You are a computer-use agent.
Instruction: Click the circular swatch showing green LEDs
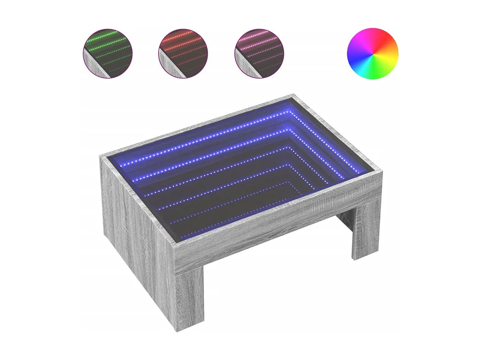[x=107, y=53]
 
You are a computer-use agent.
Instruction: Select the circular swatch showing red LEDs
[x=183, y=53]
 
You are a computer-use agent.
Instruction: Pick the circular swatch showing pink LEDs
[x=259, y=53]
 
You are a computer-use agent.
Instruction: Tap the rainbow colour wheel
[x=372, y=53]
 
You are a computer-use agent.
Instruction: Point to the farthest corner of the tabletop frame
[x=294, y=95]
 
